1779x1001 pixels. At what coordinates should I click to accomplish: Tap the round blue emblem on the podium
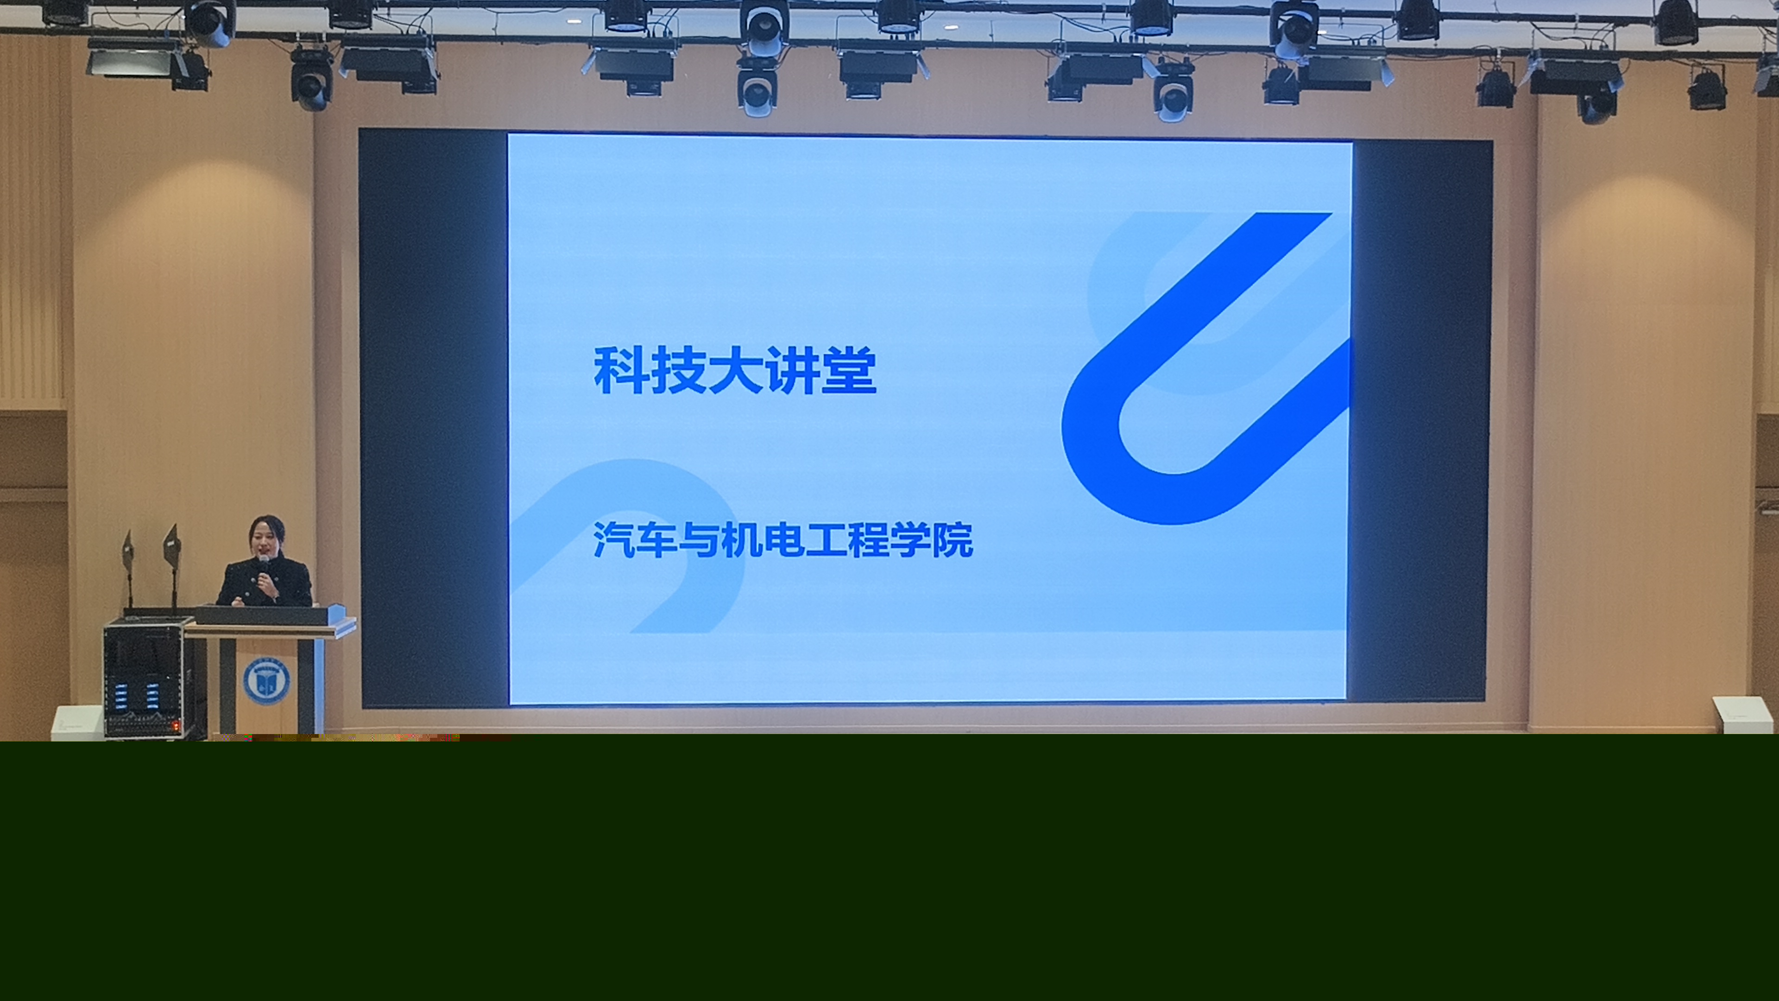pos(266,680)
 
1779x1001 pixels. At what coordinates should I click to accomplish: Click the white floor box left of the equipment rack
pos(78,722)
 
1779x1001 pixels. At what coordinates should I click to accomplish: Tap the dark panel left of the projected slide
pos(434,418)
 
